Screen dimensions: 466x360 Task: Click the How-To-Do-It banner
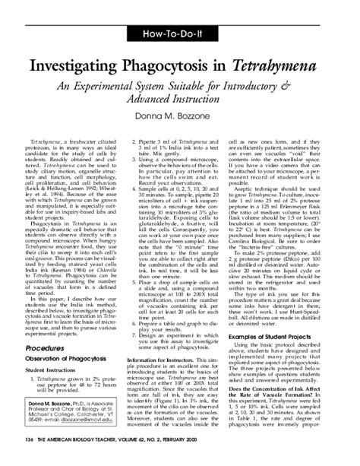[x=179, y=33]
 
